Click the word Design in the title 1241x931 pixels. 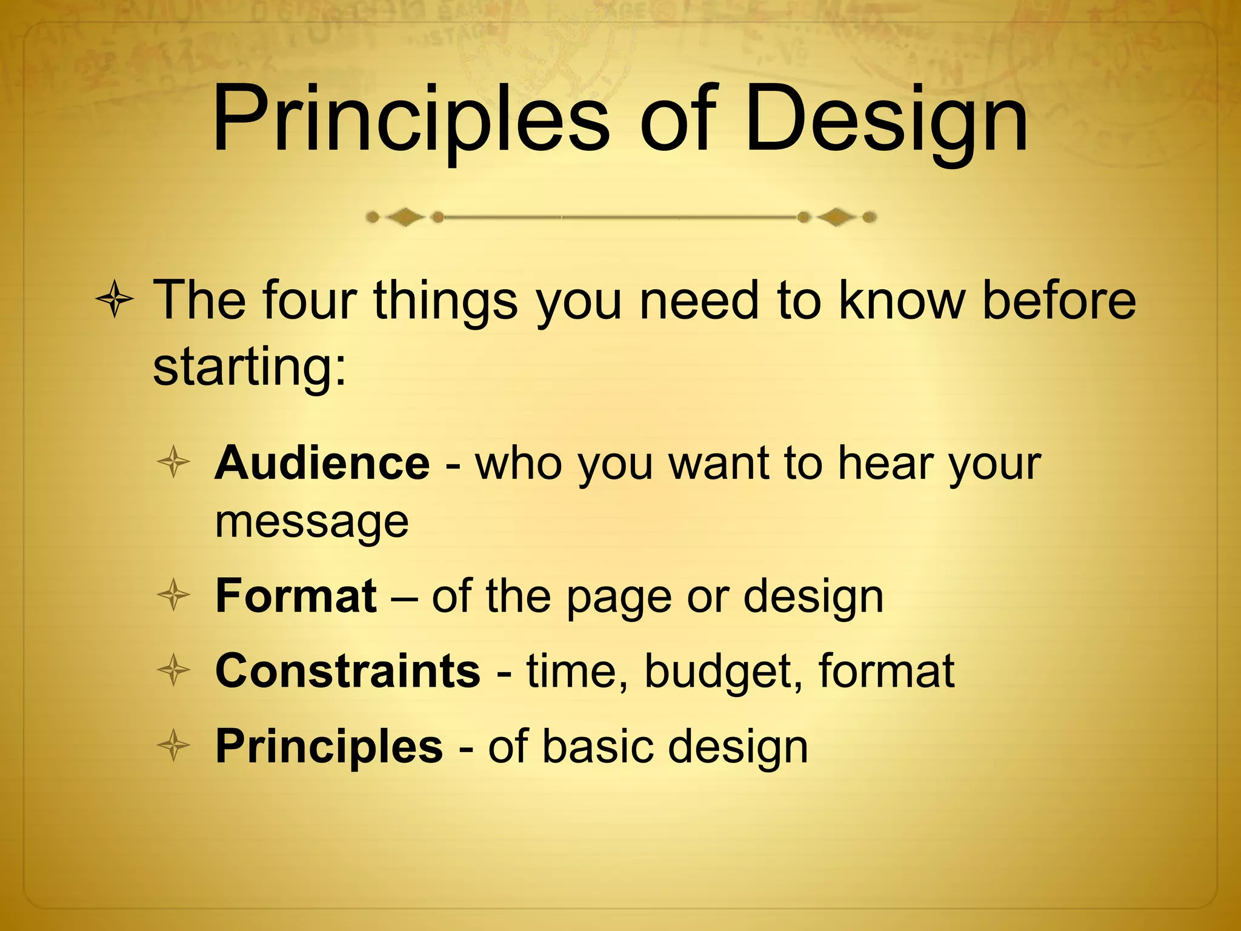[886, 121]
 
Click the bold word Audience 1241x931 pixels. [322, 464]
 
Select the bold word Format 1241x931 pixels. [296, 596]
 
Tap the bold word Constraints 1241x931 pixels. [348, 671]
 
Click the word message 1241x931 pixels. [312, 522]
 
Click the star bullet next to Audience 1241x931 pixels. [174, 464]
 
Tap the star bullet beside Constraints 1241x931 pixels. [174, 671]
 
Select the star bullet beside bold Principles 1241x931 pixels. [174, 746]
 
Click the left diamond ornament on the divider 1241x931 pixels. [405, 217]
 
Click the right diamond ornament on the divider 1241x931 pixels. [837, 217]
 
